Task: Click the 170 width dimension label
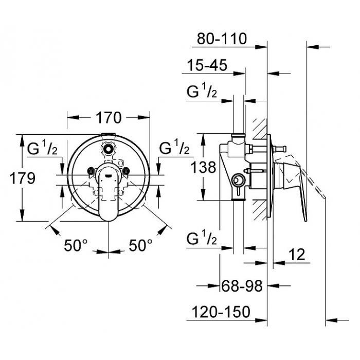(x=108, y=118)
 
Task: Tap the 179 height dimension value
(x=23, y=178)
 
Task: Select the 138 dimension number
(x=204, y=167)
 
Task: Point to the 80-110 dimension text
(x=222, y=39)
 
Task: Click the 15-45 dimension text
(x=207, y=65)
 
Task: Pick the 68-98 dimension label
(x=242, y=286)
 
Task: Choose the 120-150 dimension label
(x=221, y=312)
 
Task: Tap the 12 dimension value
(x=297, y=255)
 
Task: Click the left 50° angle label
(x=76, y=245)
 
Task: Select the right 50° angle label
(x=140, y=245)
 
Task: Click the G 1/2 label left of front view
(x=42, y=149)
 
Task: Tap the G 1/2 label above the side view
(x=202, y=92)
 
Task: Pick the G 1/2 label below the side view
(x=202, y=238)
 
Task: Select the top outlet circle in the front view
(x=107, y=149)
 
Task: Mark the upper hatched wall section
(x=260, y=129)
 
